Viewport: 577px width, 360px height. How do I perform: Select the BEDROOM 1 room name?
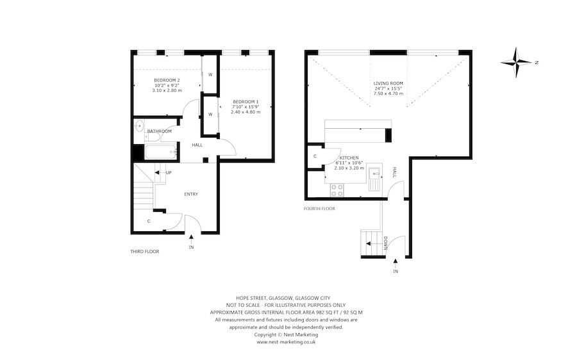(x=246, y=102)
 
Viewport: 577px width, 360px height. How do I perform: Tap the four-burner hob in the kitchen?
(x=337, y=190)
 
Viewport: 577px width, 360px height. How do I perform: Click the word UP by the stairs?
(x=169, y=172)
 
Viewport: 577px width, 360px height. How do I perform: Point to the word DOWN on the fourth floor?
(x=385, y=243)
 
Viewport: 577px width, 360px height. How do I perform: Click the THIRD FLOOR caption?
(x=144, y=252)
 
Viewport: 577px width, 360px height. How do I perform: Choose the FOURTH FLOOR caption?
(x=319, y=208)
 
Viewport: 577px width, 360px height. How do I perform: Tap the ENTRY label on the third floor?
(x=191, y=194)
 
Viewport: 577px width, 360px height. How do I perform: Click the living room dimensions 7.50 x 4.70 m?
(x=388, y=94)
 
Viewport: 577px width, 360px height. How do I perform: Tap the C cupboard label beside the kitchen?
(x=315, y=156)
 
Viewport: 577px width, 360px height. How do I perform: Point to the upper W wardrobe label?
(x=210, y=74)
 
